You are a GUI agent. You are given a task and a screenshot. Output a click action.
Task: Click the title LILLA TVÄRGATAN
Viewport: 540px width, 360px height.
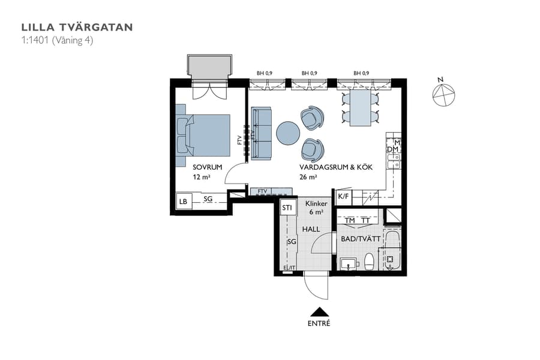click(x=77, y=27)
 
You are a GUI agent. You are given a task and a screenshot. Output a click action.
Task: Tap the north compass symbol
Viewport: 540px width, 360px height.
click(x=444, y=94)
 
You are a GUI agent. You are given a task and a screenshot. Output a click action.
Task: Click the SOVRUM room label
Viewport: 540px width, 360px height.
click(x=208, y=167)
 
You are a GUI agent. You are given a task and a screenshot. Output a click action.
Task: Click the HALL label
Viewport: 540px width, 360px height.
click(x=311, y=229)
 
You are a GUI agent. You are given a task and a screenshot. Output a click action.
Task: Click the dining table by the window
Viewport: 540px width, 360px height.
click(x=361, y=109)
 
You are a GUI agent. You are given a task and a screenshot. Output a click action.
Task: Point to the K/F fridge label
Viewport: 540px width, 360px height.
click(x=343, y=196)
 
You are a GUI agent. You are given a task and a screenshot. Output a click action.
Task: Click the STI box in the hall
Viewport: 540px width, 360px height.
click(x=287, y=208)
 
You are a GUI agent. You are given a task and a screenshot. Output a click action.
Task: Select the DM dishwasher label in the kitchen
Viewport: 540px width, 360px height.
click(x=392, y=149)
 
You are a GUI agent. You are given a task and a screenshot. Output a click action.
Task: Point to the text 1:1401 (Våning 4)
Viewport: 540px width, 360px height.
click(x=57, y=40)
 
